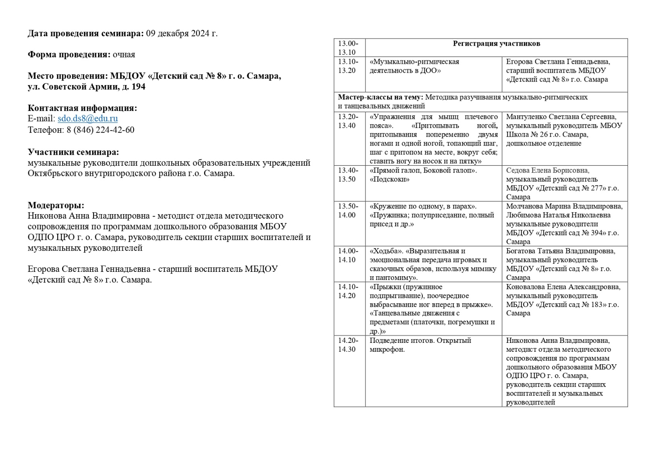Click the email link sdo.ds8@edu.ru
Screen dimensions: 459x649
point(88,119)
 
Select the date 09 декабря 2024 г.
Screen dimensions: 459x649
point(182,33)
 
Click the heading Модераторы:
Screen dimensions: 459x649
point(56,205)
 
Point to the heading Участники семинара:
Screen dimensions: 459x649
point(73,152)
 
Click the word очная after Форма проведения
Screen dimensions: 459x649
point(124,54)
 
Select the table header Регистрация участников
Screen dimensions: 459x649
point(496,44)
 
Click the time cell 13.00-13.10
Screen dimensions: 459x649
point(348,48)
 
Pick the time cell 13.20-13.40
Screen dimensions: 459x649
point(348,121)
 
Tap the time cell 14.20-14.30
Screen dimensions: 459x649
point(348,345)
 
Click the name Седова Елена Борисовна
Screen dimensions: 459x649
point(547,170)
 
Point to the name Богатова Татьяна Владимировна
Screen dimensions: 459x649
point(561,251)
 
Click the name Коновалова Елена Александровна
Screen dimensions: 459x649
point(563,287)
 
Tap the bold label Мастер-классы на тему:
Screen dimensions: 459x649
point(380,97)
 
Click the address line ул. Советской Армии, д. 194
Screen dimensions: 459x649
point(86,87)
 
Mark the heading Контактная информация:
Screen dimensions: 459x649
point(82,108)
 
